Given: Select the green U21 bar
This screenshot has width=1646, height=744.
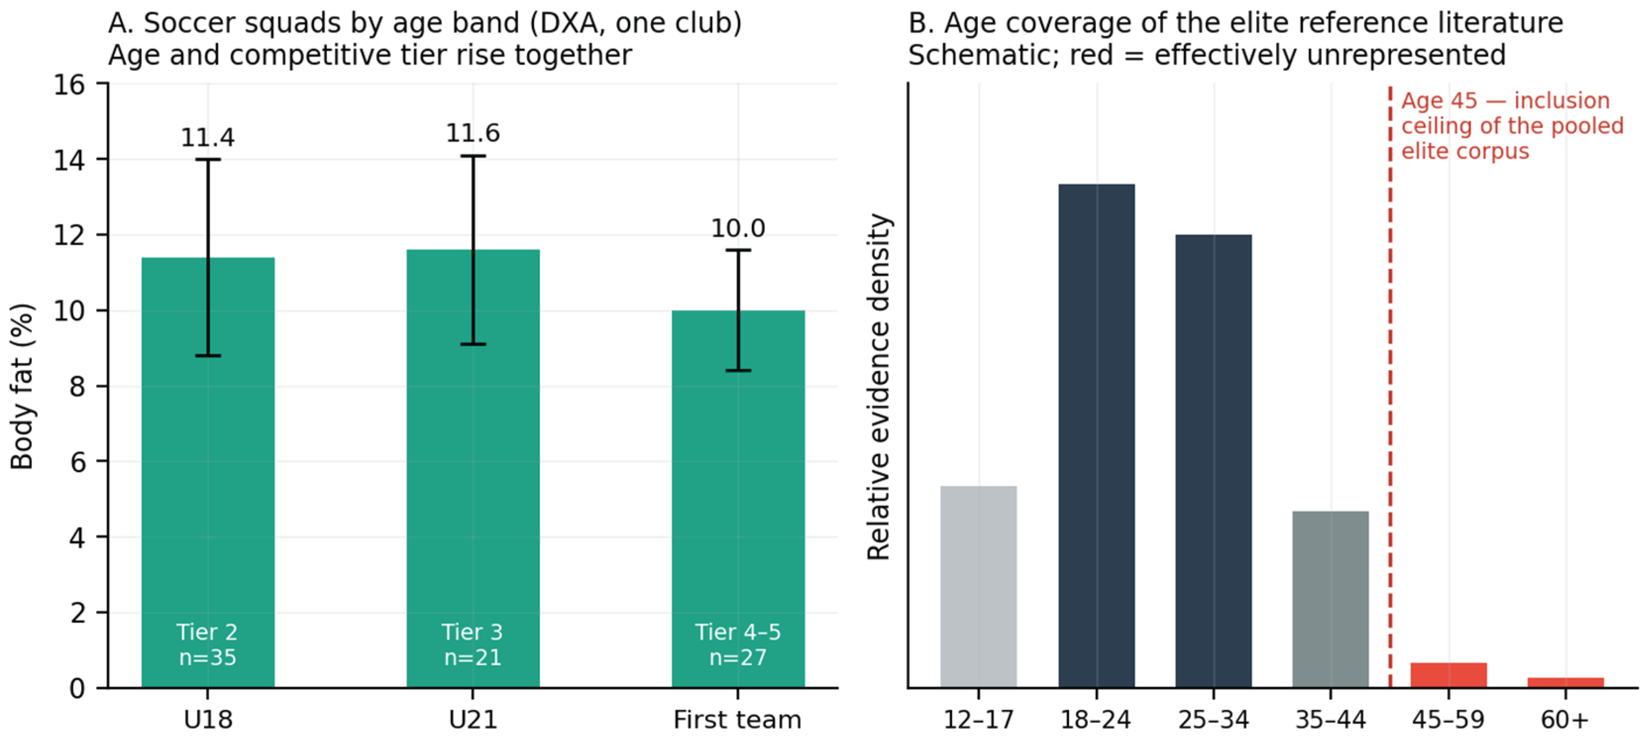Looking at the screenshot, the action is coord(473,469).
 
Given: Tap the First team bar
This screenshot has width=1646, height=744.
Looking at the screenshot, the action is coord(738,499).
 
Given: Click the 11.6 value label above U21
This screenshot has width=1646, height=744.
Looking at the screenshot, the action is coord(473,133).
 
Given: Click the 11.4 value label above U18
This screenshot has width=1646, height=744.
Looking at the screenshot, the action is coord(208,137).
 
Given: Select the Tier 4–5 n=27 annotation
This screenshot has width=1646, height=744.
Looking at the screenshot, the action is coord(738,644).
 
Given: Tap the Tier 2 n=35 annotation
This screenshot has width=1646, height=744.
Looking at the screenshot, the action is coord(208,644).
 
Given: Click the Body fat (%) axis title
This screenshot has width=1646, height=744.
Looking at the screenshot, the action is coord(22,386).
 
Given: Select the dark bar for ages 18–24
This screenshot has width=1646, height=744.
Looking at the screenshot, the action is coord(1097,436).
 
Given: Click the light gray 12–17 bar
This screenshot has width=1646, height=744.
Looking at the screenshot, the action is coord(978,587).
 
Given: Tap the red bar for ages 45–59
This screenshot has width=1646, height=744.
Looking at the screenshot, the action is coord(1448,675).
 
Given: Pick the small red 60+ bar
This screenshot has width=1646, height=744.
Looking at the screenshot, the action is coord(1565,683).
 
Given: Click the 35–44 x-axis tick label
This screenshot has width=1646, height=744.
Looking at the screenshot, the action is coord(1330,720).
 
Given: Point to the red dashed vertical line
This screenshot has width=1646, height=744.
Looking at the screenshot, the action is coord(1390,385).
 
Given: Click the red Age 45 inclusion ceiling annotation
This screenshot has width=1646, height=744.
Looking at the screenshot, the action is coord(1512,126).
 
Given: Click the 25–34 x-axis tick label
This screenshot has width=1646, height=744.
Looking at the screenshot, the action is coord(1214,720).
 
